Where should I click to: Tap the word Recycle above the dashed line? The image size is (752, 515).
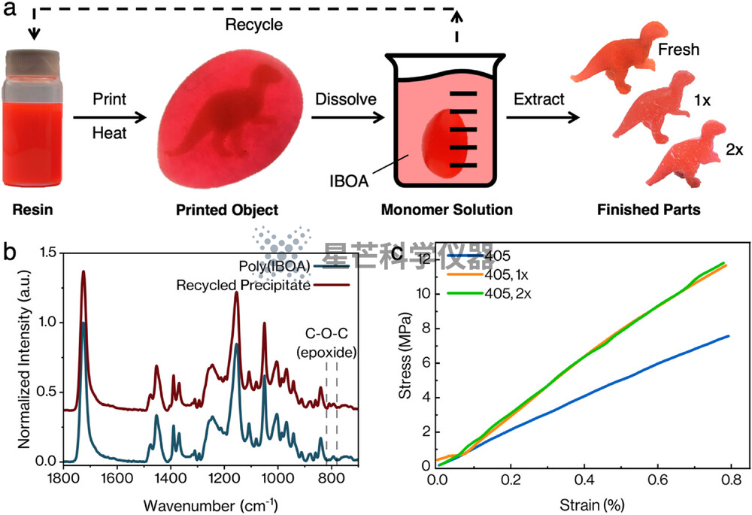[x=254, y=25]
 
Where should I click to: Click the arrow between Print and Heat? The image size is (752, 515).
[x=109, y=117]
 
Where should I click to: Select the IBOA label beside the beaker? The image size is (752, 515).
[x=349, y=181]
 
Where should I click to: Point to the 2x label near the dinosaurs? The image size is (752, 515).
[x=734, y=150]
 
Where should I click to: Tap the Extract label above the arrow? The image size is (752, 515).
[x=539, y=98]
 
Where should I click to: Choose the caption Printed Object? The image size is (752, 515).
[x=227, y=210]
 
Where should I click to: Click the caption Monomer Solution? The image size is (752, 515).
[x=447, y=210]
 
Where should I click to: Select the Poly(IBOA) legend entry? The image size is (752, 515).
[x=293, y=266]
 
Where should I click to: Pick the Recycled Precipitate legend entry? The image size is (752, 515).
[x=262, y=285]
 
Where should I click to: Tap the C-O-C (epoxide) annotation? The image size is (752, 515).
[x=326, y=343]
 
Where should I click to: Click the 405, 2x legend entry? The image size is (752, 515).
[x=490, y=293]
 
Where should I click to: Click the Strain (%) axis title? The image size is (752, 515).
[x=592, y=504]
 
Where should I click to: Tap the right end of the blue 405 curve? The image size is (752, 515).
[x=729, y=335]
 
